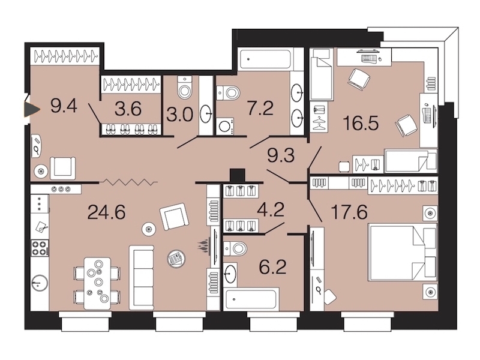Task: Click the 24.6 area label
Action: click(x=107, y=212)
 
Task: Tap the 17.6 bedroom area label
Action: click(x=349, y=212)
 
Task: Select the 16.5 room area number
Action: click(x=361, y=123)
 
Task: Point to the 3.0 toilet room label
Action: click(x=179, y=115)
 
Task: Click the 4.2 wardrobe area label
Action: click(x=271, y=209)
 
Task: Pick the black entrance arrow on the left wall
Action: click(x=32, y=109)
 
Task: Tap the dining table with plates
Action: click(x=97, y=283)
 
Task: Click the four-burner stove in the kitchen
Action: click(x=40, y=248)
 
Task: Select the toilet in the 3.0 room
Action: click(x=185, y=88)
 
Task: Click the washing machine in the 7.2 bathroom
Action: click(x=225, y=126)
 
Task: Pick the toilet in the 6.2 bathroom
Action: click(x=235, y=248)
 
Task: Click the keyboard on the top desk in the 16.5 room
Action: click(x=368, y=58)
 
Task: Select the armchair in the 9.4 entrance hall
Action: click(x=63, y=168)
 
